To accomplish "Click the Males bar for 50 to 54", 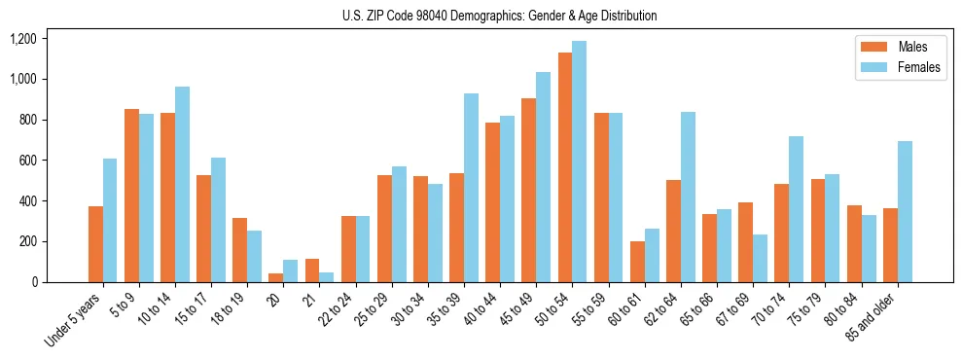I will pos(565,167).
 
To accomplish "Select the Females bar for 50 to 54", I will pos(579,162).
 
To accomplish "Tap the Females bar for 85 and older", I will pos(904,211).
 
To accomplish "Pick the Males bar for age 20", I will pos(276,277).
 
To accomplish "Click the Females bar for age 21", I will pos(327,277).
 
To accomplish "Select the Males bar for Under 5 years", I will pos(95,244).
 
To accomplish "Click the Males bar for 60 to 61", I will pos(637,262).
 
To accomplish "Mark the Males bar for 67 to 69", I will pos(745,242).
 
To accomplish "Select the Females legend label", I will pos(918,68).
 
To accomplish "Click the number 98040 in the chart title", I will pos(426,16).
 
